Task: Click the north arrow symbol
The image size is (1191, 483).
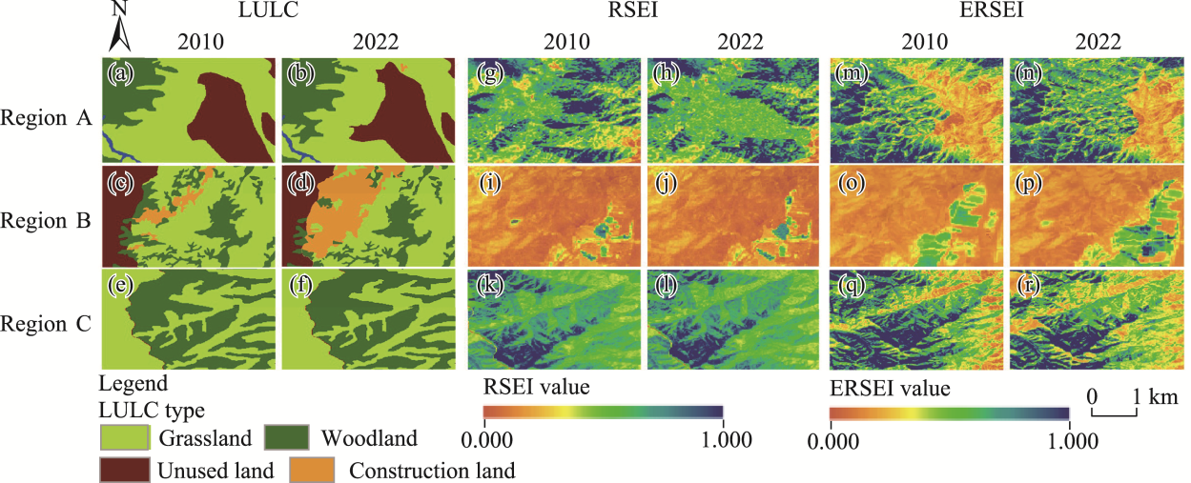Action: click(x=120, y=29)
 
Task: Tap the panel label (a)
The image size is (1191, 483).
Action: click(x=121, y=72)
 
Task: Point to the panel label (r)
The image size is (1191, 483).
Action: click(x=1027, y=283)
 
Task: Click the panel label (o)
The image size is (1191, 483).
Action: click(x=847, y=180)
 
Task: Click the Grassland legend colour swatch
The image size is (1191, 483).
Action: click(x=125, y=439)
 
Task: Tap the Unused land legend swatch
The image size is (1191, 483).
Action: click(x=125, y=470)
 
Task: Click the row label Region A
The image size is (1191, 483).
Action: click(x=47, y=119)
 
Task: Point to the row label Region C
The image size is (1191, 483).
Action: click(x=47, y=323)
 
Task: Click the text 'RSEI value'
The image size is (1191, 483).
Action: click(x=536, y=388)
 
